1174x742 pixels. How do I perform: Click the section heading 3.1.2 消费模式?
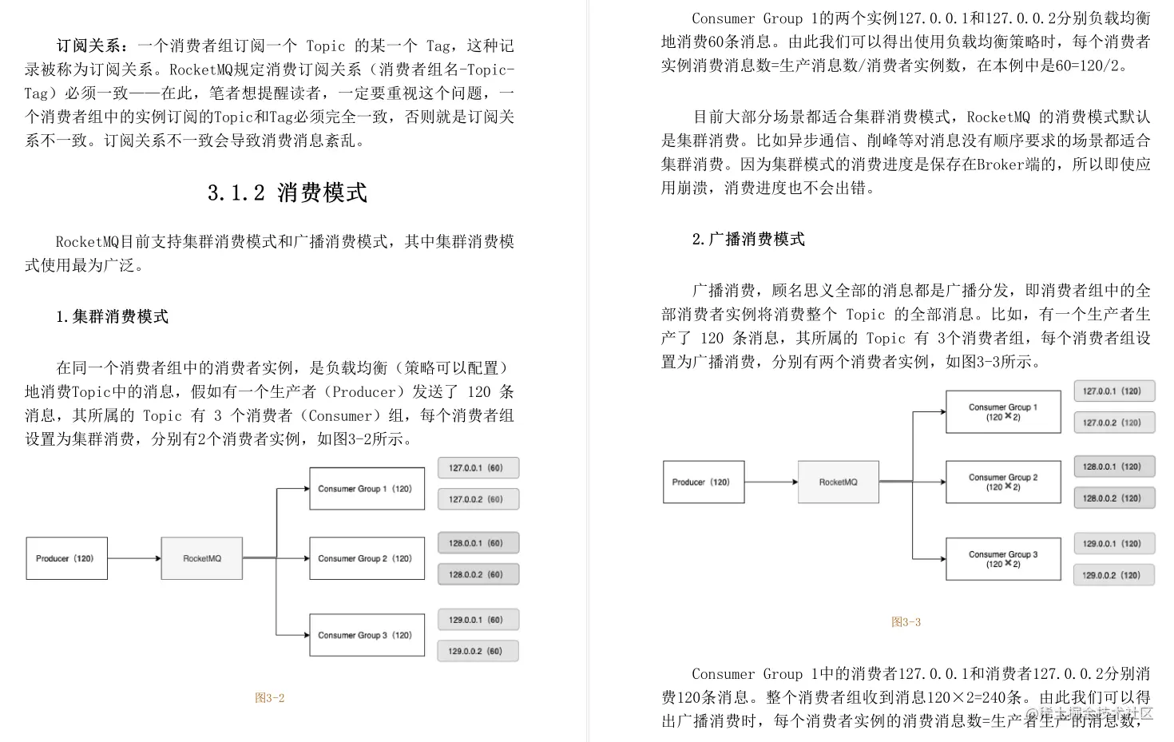pyautogui.click(x=287, y=192)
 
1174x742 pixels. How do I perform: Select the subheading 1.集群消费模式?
pyautogui.click(x=112, y=317)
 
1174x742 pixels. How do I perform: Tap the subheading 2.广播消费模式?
pyautogui.click(x=748, y=240)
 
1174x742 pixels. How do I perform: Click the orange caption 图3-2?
pyautogui.click(x=269, y=698)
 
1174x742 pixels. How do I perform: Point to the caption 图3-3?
pyautogui.click(x=906, y=622)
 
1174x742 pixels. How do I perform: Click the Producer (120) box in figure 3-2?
pyautogui.click(x=66, y=558)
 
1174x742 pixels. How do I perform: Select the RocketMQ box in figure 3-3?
pyautogui.click(x=838, y=482)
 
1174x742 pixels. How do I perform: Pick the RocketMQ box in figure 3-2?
pyautogui.click(x=201, y=558)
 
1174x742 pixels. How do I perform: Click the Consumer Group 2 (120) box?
pyautogui.click(x=367, y=558)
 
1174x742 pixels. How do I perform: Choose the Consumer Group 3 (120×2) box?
pyautogui.click(x=1003, y=558)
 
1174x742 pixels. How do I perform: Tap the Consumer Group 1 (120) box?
pyautogui.click(x=367, y=488)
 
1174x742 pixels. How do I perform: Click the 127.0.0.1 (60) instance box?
pyautogui.click(x=478, y=468)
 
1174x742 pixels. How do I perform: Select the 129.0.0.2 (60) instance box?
pyautogui.click(x=478, y=651)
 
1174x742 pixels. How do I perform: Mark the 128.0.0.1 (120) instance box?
pyautogui.click(x=1113, y=466)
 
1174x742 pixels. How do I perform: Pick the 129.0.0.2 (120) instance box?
pyautogui.click(x=1113, y=575)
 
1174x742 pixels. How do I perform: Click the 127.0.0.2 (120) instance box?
pyautogui.click(x=1113, y=423)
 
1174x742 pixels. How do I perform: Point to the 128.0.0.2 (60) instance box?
pyautogui.click(x=478, y=574)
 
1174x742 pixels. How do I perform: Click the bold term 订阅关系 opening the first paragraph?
pyautogui.click(x=88, y=46)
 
